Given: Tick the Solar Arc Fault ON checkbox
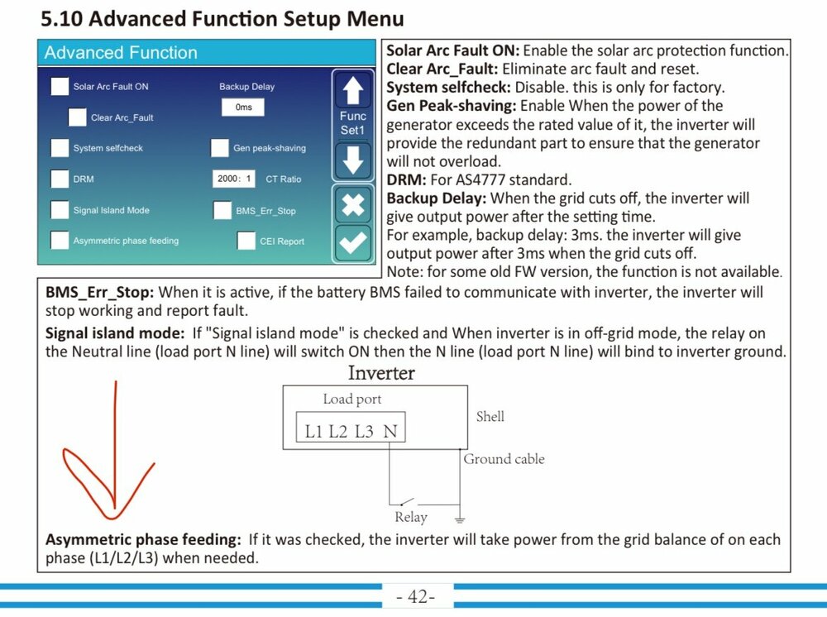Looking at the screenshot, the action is coord(60,87).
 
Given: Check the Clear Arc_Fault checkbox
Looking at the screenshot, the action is coord(77,117).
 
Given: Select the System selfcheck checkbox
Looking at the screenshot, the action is coord(60,148).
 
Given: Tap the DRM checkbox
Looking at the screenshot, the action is coord(60,179).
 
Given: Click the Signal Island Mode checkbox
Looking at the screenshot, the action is coord(60,210).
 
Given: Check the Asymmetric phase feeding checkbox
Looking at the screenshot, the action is coord(60,240).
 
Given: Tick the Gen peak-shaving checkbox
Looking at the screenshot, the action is coord(219,148).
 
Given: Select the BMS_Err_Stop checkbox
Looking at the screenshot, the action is coord(222,210).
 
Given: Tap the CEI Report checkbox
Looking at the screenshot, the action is coord(246,241).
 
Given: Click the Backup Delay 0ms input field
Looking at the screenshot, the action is coord(243,107).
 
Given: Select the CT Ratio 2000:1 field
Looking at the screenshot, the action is coord(234,179).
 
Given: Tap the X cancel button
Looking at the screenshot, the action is coord(353,204).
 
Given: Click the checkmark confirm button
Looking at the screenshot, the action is coord(353,242).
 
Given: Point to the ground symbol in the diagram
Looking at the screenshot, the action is coord(460,520).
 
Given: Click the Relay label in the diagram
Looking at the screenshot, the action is coord(411,517).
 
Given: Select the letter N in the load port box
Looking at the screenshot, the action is coord(390,432).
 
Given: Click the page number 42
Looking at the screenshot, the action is coord(416,596).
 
